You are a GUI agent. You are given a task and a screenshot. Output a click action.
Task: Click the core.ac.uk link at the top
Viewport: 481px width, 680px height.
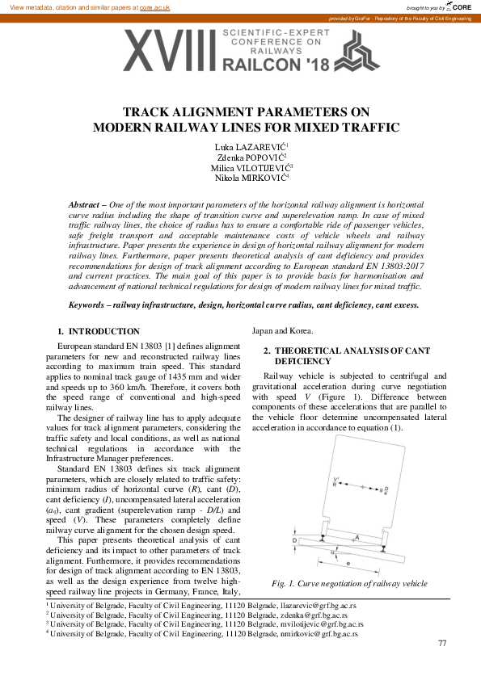click(155, 6)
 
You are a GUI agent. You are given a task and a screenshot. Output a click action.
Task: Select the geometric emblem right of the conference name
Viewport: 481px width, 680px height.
click(340, 48)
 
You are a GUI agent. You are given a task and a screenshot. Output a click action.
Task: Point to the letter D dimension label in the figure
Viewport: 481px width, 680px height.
click(294, 539)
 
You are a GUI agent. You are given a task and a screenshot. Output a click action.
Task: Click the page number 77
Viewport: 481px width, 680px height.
click(441, 643)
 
